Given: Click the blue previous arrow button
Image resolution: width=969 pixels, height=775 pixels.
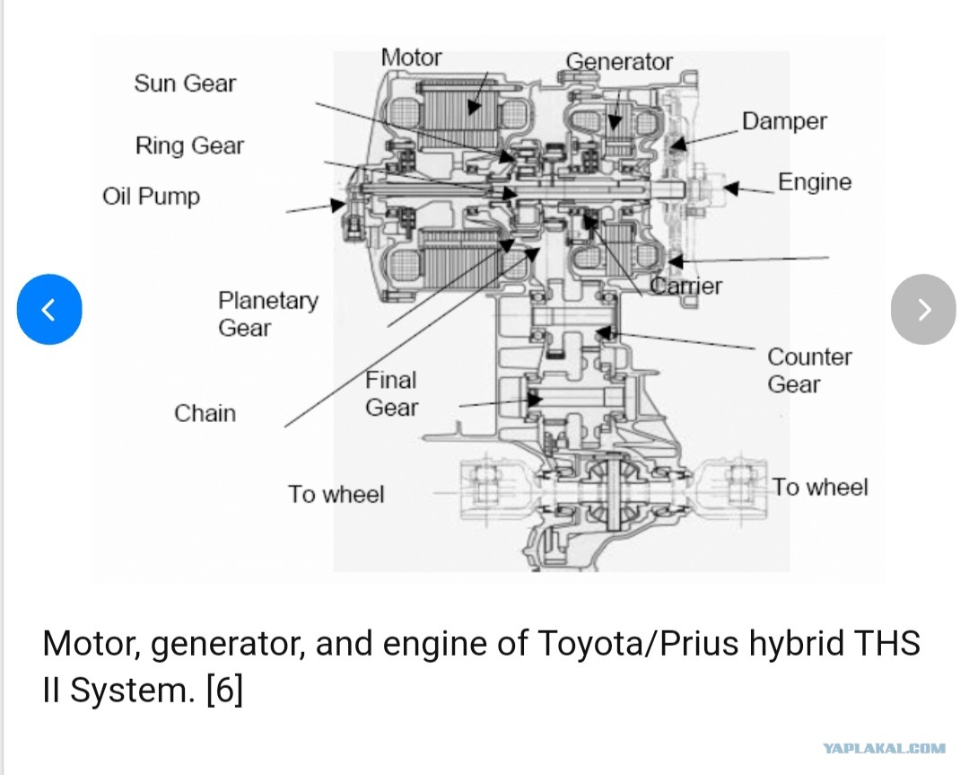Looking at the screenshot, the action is tap(49, 309).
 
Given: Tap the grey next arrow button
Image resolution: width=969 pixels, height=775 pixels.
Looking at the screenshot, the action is tap(923, 309).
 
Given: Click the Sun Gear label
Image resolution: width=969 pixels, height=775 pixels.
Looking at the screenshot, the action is tap(185, 84).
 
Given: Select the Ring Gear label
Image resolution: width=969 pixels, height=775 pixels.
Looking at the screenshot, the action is tap(189, 146).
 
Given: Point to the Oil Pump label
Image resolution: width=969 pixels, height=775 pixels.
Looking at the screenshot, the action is tap(152, 197).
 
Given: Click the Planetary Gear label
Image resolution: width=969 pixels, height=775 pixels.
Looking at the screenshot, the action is tap(268, 313).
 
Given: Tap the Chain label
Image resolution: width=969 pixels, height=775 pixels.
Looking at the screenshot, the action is tap(205, 413).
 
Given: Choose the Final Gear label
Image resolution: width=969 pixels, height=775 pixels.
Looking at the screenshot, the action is tap(391, 393).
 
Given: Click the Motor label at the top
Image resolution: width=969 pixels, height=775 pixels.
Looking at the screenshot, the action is tap(411, 57).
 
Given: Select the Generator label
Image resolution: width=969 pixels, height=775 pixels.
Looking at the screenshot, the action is tap(619, 62).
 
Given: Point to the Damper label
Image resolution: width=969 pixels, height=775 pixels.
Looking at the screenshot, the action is tap(784, 121).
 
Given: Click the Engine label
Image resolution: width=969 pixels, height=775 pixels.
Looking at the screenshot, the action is tap(815, 181).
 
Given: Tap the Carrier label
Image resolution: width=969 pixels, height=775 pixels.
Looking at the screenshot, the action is tap(686, 286).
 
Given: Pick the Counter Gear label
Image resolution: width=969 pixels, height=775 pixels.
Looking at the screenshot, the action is tap(809, 371).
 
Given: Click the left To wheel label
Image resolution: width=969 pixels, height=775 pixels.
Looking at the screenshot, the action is tap(336, 494).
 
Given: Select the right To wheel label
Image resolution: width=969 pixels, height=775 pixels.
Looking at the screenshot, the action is tap(820, 488).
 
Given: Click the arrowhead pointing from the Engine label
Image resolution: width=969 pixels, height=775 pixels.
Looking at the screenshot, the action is tap(731, 188).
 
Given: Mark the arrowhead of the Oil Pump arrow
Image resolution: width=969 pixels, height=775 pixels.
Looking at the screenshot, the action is tap(338, 205).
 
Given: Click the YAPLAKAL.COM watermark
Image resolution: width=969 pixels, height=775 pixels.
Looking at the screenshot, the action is tap(885, 748).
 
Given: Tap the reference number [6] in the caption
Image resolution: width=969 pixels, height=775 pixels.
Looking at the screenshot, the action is tap(224, 690).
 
